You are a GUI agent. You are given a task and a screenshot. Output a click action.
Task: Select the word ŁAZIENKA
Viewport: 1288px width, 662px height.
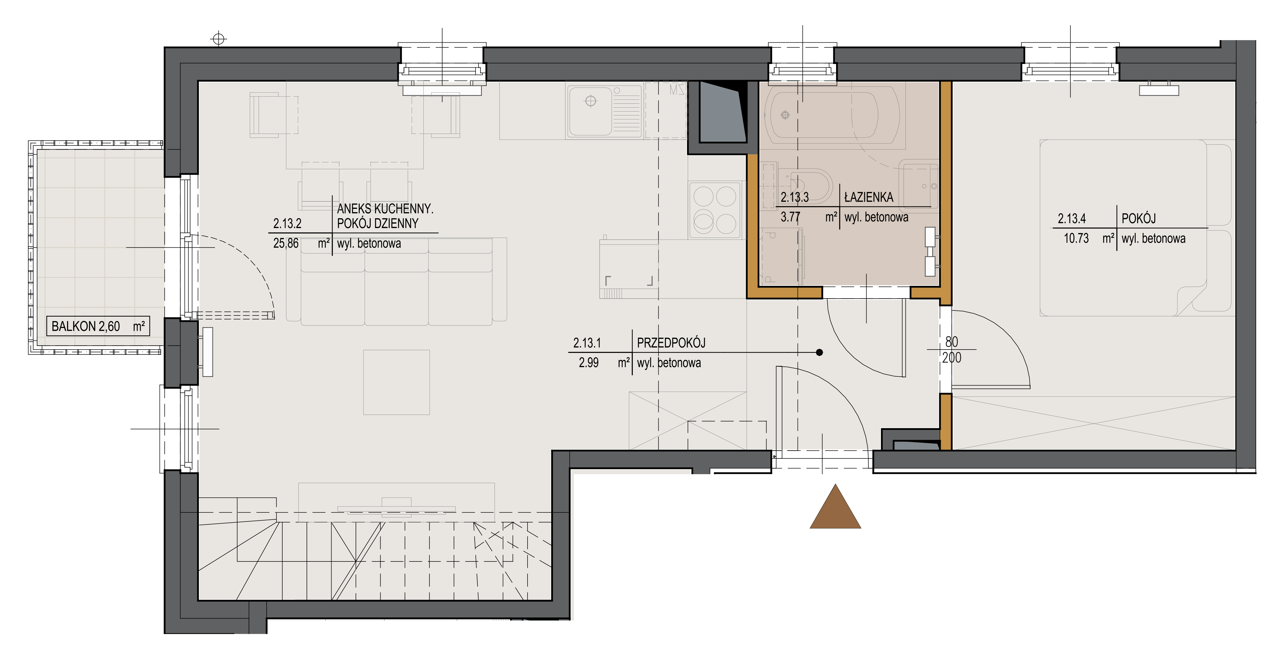868,197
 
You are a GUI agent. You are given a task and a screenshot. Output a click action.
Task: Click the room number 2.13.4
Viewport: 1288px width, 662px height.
1071,219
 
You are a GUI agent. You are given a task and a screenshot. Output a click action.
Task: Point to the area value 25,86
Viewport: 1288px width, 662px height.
286,243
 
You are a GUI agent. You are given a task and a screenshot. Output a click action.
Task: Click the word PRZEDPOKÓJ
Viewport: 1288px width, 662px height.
671,343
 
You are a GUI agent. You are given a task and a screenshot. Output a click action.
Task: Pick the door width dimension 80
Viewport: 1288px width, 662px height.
952,342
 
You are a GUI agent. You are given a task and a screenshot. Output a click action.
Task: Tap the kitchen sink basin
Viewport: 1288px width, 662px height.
590,111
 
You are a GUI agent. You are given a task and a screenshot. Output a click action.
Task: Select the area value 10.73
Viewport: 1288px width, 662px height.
1076,238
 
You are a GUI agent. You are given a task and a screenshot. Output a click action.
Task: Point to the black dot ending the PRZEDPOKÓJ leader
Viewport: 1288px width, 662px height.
819,353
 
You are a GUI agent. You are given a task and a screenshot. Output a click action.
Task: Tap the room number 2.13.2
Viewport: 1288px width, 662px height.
287,224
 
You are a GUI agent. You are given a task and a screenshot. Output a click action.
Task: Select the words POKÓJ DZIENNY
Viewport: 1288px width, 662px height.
377,224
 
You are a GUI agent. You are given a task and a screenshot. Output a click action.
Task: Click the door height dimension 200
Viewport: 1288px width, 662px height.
952,358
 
